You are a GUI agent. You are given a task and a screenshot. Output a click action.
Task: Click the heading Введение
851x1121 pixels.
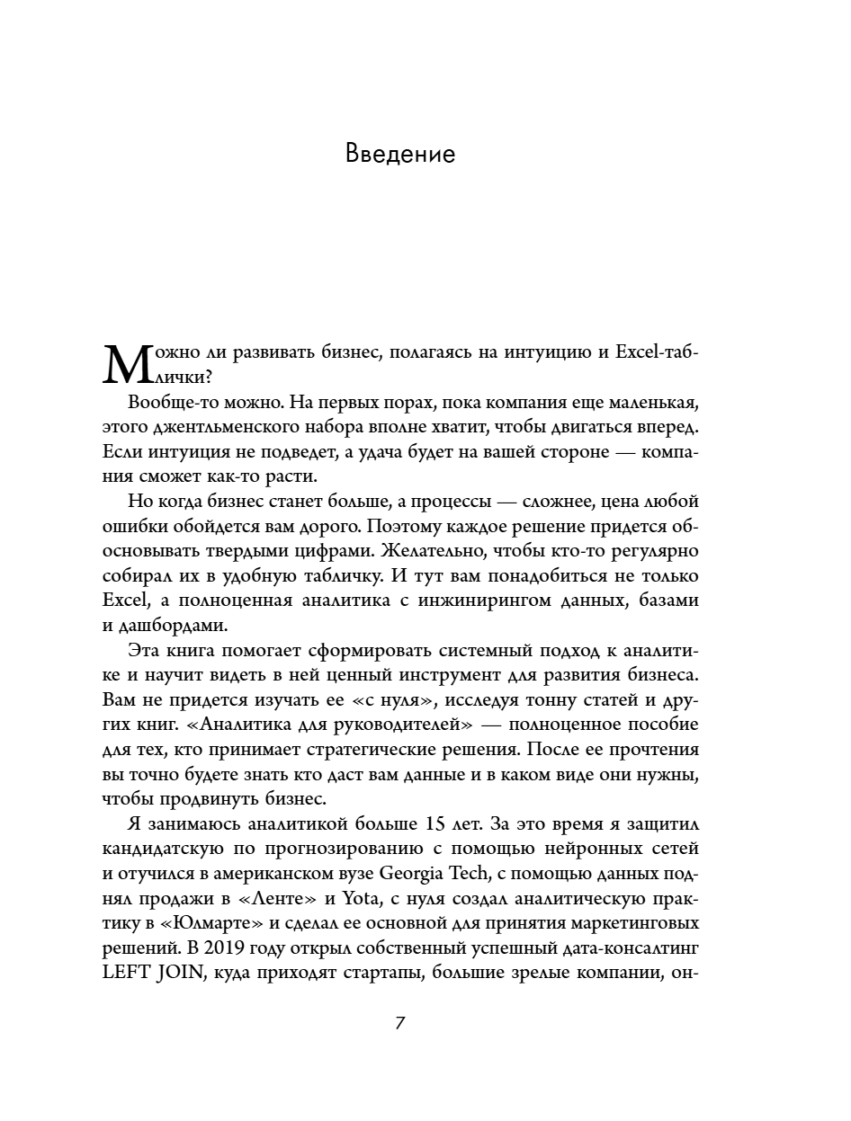click(x=400, y=155)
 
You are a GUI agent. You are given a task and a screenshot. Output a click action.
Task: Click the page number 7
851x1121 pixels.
click(x=401, y=1024)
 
